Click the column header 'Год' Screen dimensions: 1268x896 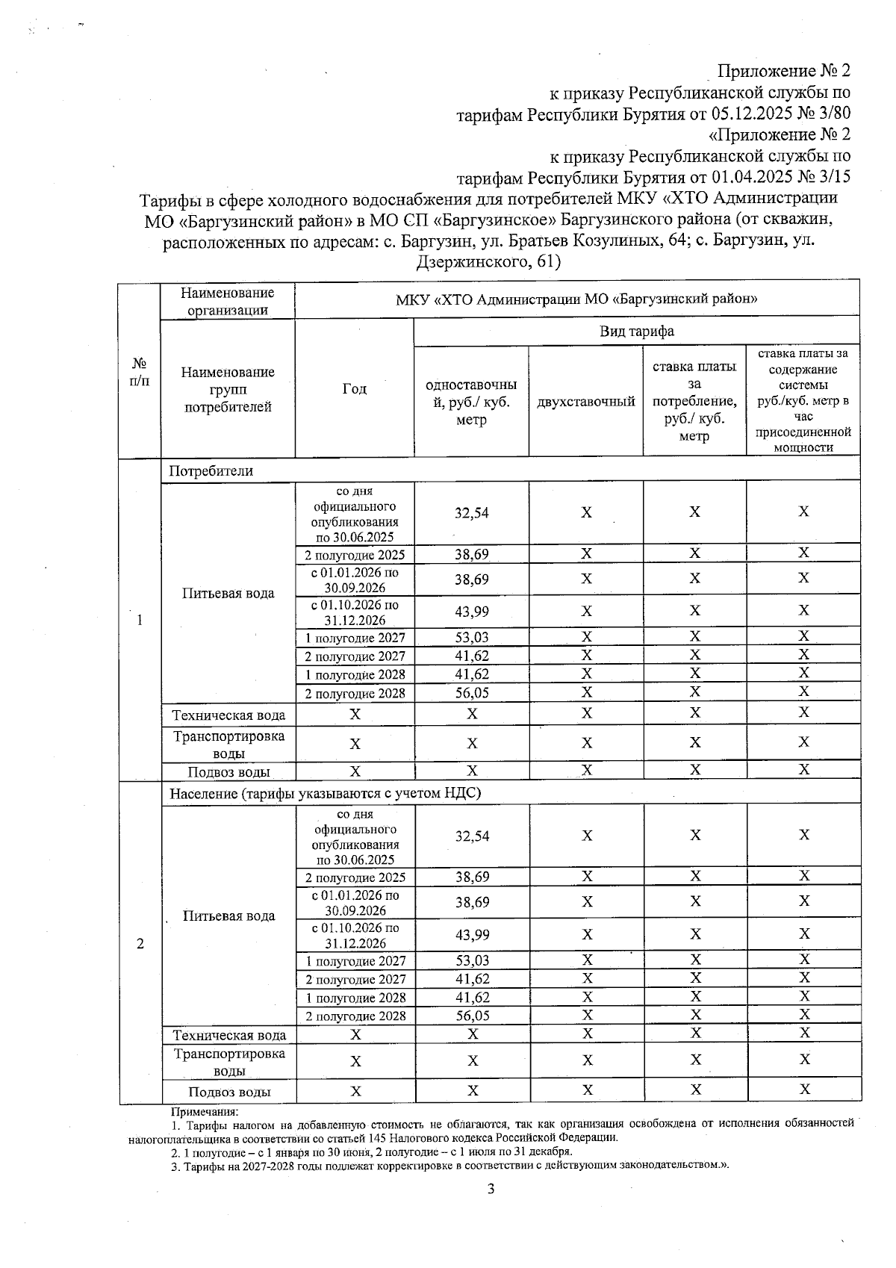click(354, 389)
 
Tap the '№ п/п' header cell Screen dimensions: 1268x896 click(140, 371)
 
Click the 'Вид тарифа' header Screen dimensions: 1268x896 click(636, 332)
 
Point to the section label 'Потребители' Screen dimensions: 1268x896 click(211, 471)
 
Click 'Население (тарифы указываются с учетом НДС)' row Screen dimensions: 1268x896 click(325, 793)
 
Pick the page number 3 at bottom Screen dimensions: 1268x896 click(491, 1190)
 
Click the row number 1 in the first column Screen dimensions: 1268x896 click(140, 620)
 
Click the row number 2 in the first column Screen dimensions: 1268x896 click(140, 943)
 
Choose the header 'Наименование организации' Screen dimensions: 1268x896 click(227, 302)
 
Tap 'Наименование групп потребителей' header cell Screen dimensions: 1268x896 click(227, 389)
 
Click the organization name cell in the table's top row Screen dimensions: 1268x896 click(576, 300)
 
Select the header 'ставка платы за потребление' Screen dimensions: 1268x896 click(694, 401)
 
